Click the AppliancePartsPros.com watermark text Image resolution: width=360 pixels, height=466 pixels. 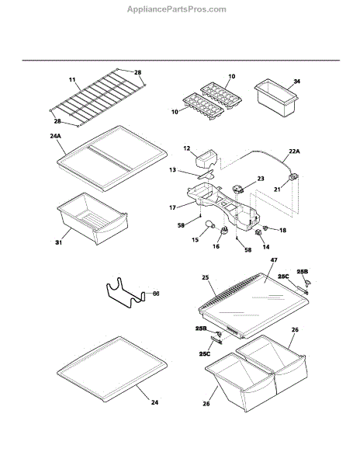pos(177,9)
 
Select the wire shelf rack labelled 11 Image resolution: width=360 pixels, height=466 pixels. pos(98,98)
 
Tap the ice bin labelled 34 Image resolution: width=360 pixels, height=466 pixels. pos(276,98)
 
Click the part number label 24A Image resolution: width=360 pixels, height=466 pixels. pos(55,136)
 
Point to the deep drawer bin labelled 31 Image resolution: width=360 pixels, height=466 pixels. pos(92,218)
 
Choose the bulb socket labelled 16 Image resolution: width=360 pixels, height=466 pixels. pos(225,231)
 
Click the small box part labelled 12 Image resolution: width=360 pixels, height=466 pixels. pos(206,158)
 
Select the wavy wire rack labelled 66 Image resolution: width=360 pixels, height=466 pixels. pos(126,293)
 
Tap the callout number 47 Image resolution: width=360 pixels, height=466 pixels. pos(274,260)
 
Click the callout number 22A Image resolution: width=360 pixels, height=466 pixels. pos(294,151)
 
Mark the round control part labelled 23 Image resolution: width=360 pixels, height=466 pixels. pos(238,189)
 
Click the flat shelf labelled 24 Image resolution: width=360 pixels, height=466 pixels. pos(112,370)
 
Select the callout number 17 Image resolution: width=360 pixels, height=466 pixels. pos(173,207)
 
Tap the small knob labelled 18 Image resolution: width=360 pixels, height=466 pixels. pos(265,228)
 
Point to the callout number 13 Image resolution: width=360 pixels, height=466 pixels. pos(173,170)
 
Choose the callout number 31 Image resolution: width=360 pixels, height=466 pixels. pos(59,242)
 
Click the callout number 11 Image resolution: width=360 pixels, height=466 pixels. pos(72,80)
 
